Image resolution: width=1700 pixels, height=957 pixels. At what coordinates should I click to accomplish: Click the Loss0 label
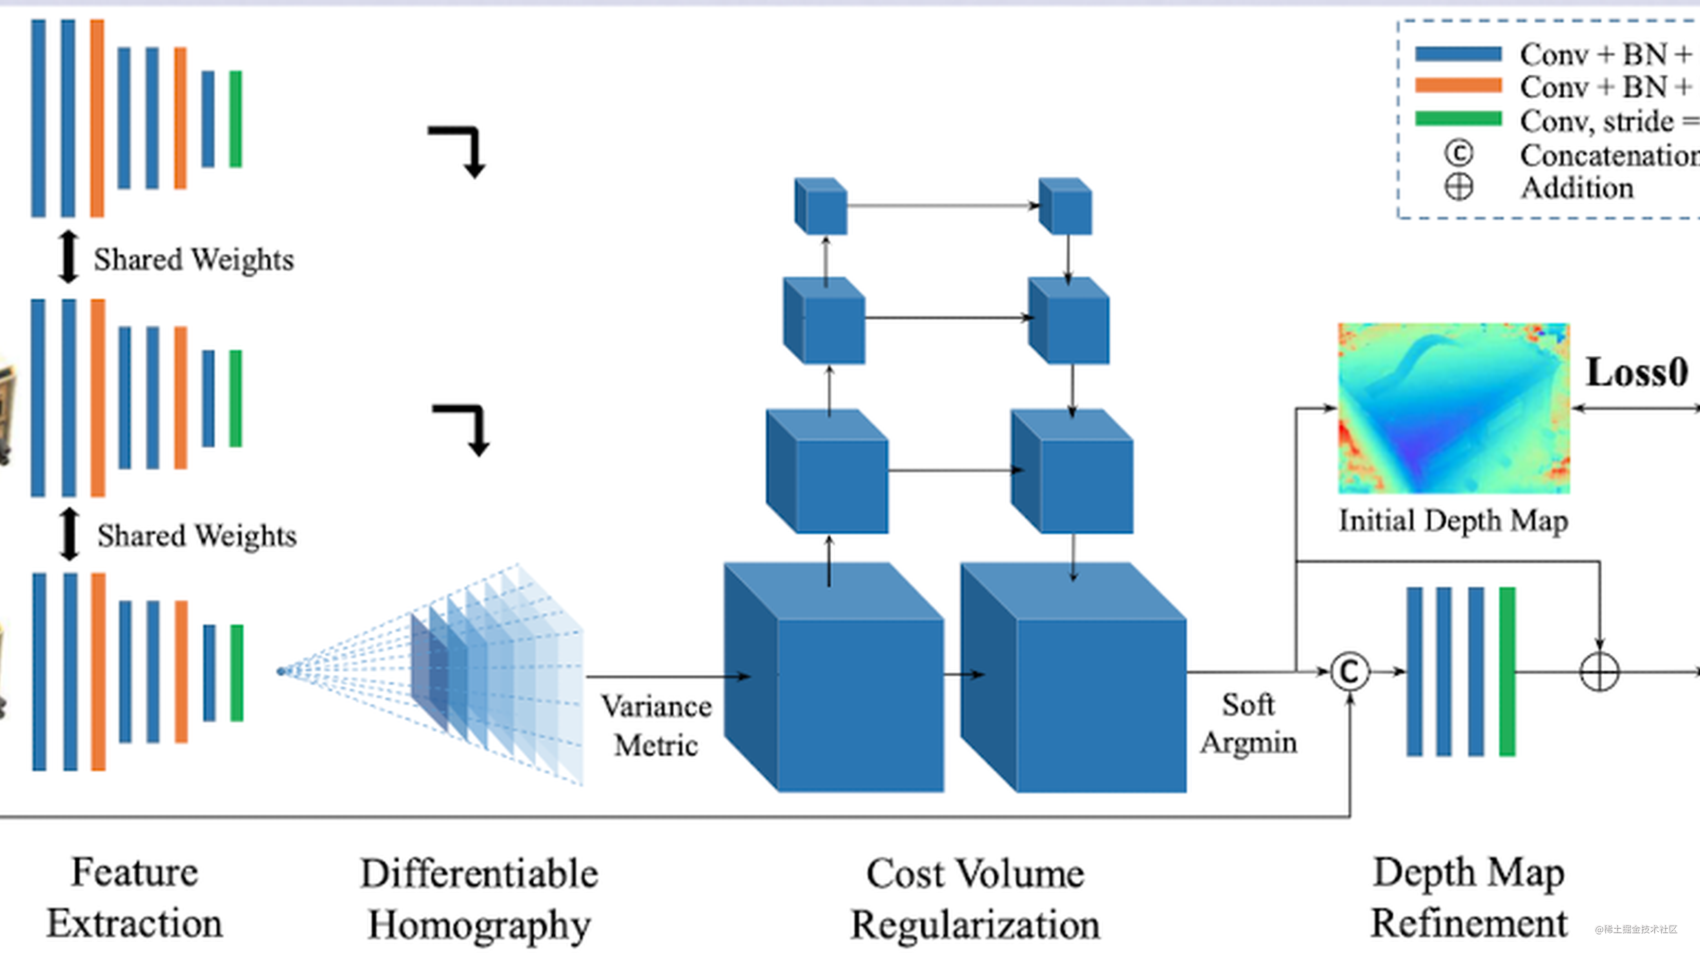pyautogui.click(x=1637, y=373)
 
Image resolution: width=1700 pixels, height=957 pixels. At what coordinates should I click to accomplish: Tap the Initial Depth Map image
pyautogui.click(x=1453, y=408)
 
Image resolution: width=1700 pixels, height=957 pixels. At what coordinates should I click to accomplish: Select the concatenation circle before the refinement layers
pyautogui.click(x=1350, y=672)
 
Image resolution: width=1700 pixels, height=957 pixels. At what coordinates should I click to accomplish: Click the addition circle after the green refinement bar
pyautogui.click(x=1599, y=672)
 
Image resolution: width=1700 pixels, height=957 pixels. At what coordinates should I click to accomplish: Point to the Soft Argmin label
pyautogui.click(x=1248, y=723)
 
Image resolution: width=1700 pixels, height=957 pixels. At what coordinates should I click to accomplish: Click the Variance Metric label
pyautogui.click(x=656, y=726)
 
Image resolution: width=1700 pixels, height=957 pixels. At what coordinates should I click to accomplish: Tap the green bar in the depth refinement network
pyautogui.click(x=1508, y=672)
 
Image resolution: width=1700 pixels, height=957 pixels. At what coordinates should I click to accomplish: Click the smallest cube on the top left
pyautogui.click(x=821, y=206)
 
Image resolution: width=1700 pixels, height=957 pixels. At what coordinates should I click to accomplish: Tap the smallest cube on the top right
pyautogui.click(x=1065, y=206)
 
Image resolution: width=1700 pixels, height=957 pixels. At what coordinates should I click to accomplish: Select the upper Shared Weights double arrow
pyautogui.click(x=68, y=257)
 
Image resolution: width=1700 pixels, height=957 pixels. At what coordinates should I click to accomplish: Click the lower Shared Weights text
pyautogui.click(x=197, y=535)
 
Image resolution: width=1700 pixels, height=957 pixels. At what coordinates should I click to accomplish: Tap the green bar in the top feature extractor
pyautogui.click(x=236, y=119)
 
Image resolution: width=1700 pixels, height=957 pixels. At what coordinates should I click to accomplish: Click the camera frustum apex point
pyautogui.click(x=281, y=671)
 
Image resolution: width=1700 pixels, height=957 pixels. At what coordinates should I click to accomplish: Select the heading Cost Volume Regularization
pyautogui.click(x=975, y=899)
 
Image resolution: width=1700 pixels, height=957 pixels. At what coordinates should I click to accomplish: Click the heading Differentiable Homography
pyautogui.click(x=479, y=899)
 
